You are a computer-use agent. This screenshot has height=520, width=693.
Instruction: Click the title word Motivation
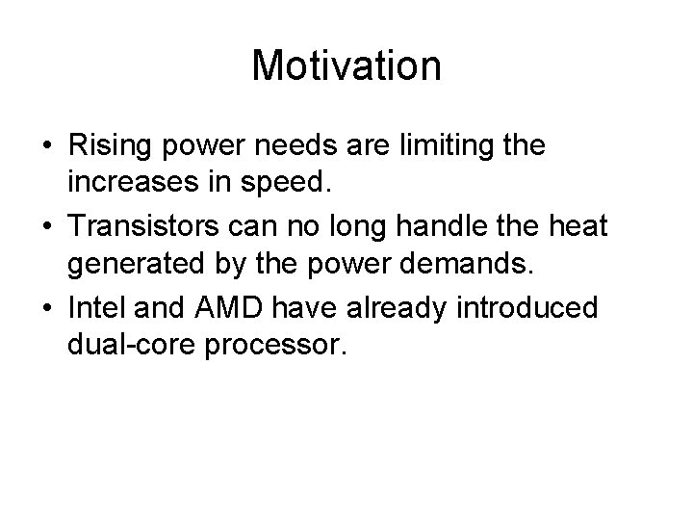click(x=346, y=65)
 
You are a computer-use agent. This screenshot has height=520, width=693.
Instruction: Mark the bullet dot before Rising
click(x=47, y=148)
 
